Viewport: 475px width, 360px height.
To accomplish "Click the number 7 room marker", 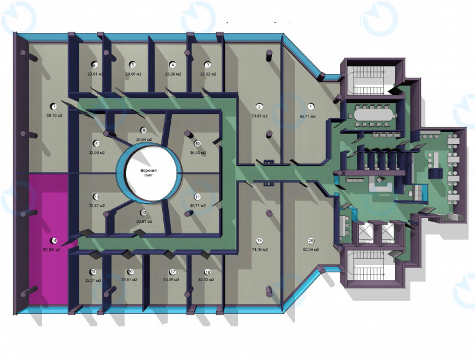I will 54,106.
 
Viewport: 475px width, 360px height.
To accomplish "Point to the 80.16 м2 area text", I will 54,115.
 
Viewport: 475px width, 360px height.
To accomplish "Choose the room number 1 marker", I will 311,107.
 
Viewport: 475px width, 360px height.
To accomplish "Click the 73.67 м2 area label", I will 260,116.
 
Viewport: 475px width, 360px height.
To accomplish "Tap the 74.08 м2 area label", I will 259,250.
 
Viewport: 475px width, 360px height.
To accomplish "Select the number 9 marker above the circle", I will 143,130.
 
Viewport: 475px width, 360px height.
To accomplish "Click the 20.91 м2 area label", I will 143,221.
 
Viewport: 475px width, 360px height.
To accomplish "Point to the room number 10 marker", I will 197,143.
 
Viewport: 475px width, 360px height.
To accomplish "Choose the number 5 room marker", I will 132,65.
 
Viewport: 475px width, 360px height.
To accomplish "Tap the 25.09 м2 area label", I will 173,74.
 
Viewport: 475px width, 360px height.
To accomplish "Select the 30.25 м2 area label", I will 173,281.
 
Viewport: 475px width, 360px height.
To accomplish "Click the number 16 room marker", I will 130,271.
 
